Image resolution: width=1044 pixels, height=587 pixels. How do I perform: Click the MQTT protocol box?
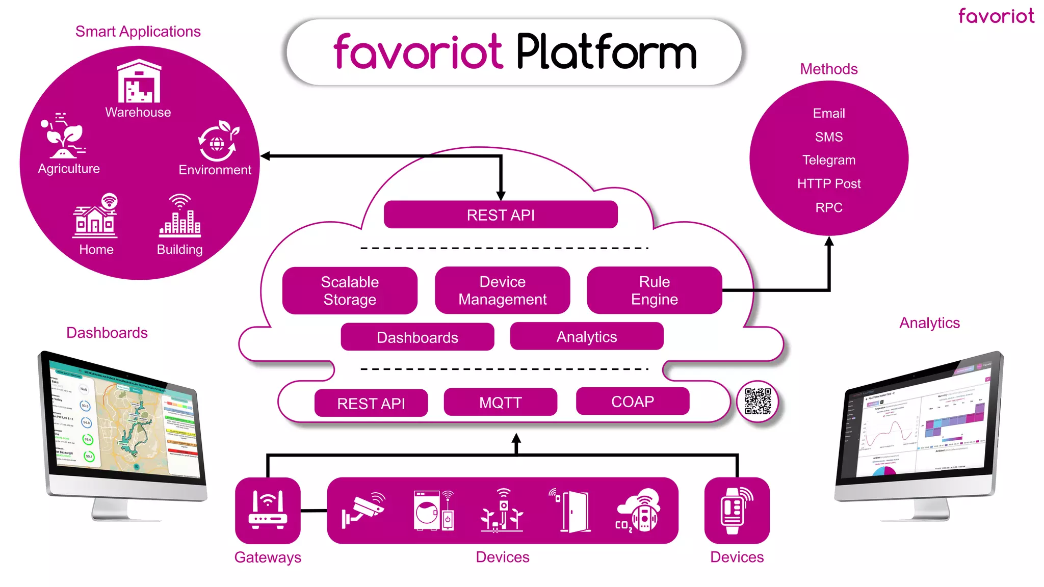pyautogui.click(x=500, y=403)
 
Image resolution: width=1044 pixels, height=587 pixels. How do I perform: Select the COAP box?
pyautogui.click(x=632, y=402)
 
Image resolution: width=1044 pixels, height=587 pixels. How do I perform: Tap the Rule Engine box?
pyautogui.click(x=654, y=290)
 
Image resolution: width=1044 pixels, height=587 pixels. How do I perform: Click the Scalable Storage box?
pyautogui.click(x=350, y=290)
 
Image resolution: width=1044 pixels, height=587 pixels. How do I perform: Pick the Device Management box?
pyautogui.click(x=502, y=290)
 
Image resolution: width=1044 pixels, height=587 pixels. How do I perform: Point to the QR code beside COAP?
pyautogui.click(x=758, y=402)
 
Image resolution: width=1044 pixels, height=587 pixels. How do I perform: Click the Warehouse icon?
pyautogui.click(x=139, y=82)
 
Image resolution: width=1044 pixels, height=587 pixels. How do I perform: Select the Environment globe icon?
pyautogui.click(x=218, y=141)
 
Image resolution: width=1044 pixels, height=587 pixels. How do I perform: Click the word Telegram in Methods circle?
pyautogui.click(x=828, y=160)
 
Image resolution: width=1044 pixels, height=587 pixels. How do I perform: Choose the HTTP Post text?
pyautogui.click(x=828, y=183)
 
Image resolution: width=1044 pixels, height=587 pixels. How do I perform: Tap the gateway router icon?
pyautogui.click(x=268, y=510)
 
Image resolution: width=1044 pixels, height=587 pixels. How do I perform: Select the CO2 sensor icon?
pyautogui.click(x=638, y=511)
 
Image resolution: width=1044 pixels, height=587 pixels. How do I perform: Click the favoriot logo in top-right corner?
pyautogui.click(x=996, y=16)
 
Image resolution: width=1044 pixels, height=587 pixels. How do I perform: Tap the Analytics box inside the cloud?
pyautogui.click(x=586, y=336)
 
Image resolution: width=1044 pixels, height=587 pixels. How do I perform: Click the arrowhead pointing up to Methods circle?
pyautogui.click(x=829, y=242)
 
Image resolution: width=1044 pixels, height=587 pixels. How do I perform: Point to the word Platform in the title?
pyautogui.click(x=607, y=52)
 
